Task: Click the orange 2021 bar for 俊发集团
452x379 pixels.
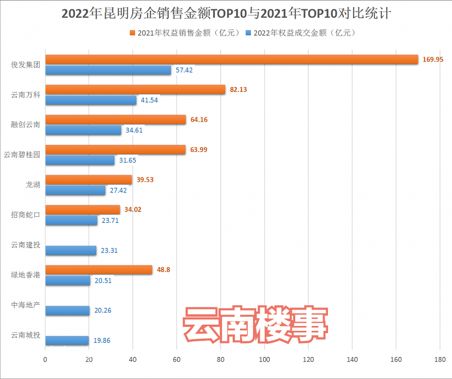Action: (231, 59)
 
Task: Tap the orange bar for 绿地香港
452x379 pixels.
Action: (99, 269)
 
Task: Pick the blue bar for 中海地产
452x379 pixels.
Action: (67, 311)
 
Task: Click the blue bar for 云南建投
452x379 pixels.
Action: (71, 251)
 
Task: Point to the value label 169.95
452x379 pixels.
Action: (433, 59)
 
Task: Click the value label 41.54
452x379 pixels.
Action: (149, 100)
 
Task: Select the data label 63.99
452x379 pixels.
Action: (199, 150)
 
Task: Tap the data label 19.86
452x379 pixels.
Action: (102, 341)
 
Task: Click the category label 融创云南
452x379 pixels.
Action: (25, 125)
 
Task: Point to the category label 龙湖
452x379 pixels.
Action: (33, 184)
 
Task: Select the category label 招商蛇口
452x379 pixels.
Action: (25, 215)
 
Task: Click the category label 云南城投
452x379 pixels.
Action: (25, 335)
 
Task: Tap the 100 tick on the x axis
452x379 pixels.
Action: (264, 359)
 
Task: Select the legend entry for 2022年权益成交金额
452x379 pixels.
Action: (301, 33)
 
